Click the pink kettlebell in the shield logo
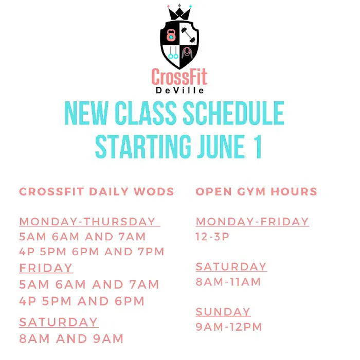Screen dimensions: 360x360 coord(171,35)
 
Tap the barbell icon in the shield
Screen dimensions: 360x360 coord(188,35)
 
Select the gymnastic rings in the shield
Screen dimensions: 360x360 coord(173,53)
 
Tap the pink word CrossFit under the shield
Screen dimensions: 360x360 coord(179,78)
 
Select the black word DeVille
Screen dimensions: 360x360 coord(179,91)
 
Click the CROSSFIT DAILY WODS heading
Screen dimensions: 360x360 coord(96,192)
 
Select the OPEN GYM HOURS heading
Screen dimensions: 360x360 coord(256,192)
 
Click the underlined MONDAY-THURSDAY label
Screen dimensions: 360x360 coord(88,222)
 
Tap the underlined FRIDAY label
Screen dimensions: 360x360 coord(46,268)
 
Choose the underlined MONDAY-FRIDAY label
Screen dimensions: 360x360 coord(252,222)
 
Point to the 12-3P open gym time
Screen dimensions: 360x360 coord(212,237)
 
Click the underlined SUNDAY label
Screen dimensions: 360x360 coord(223,312)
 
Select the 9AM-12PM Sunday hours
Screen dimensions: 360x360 coord(229,327)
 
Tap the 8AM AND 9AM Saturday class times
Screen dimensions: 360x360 coord(71,339)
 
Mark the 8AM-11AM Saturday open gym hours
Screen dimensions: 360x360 coord(228,282)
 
